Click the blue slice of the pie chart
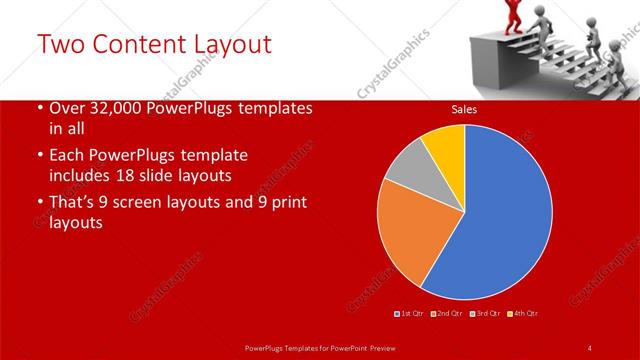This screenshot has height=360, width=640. coord(500,215)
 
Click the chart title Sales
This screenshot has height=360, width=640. coord(463,109)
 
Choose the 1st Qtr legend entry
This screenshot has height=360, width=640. coord(411,314)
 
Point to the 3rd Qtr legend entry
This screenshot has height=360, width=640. coord(485,314)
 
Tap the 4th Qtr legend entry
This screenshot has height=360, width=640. coord(523,314)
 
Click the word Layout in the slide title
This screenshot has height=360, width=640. coord(223,45)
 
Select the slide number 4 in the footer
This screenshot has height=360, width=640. coord(590,347)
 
